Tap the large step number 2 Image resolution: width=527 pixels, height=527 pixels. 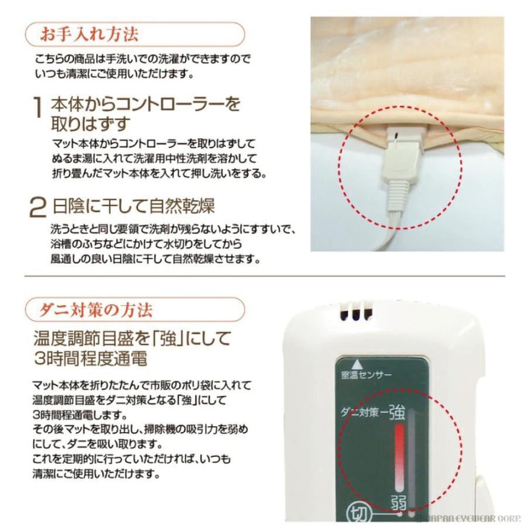click(x=38, y=207)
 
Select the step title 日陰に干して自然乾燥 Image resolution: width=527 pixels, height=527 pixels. click(x=134, y=206)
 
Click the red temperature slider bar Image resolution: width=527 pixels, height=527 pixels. click(x=400, y=457)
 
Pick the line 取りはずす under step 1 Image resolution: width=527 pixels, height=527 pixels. click(x=91, y=124)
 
